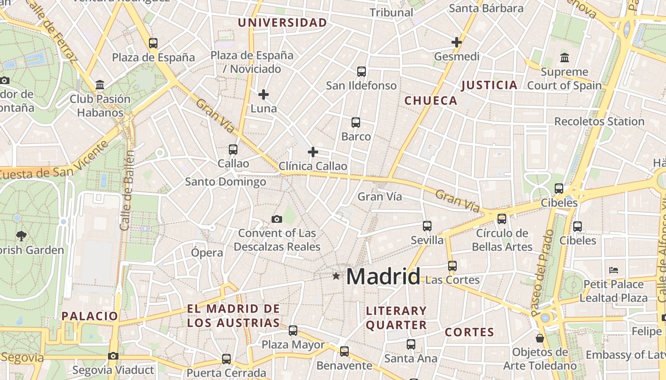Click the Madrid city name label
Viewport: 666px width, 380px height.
383,276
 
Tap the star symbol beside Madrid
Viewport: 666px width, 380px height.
336,275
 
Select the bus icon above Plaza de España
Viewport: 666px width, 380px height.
153,43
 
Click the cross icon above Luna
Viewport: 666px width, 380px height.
264,95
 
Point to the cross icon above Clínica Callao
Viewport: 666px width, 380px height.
313,152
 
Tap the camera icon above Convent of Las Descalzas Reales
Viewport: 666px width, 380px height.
277,219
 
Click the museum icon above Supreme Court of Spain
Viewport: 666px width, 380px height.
565,57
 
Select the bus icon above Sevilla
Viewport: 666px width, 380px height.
427,226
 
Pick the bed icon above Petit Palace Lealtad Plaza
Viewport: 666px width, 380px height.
614,270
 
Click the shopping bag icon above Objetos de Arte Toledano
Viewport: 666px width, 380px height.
540,338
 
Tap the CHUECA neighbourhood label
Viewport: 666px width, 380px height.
431,101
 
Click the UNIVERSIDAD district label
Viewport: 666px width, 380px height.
283,23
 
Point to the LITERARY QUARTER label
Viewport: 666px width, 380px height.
396,318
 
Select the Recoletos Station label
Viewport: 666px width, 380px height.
599,122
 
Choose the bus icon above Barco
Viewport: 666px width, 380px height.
356,123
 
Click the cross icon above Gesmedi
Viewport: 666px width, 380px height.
457,42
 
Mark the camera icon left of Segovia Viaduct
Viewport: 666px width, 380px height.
113,356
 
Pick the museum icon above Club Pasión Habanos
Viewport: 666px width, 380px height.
100,85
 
